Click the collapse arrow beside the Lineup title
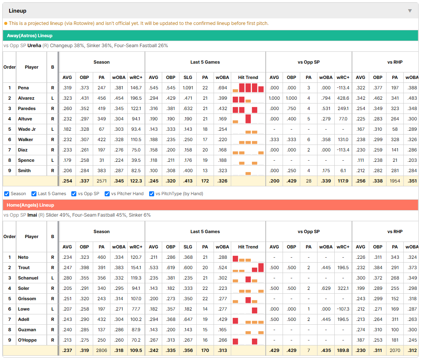410,11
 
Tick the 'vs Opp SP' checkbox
74,194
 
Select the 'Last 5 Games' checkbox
34,194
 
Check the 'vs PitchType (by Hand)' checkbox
152,194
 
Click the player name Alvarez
26,98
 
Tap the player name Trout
24,268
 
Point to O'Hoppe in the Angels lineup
27,340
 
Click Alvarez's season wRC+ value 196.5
136,98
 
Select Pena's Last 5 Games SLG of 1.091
187,88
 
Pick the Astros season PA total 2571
102,181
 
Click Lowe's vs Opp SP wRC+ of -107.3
343,309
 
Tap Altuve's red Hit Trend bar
248,119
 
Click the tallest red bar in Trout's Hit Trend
261,268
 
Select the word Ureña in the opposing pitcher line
34,46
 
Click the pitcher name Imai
32,215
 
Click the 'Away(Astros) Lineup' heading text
30,36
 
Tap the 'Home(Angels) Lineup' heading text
30,205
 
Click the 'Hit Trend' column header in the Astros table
248,77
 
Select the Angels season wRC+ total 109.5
136,350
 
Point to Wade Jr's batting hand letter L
53,130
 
